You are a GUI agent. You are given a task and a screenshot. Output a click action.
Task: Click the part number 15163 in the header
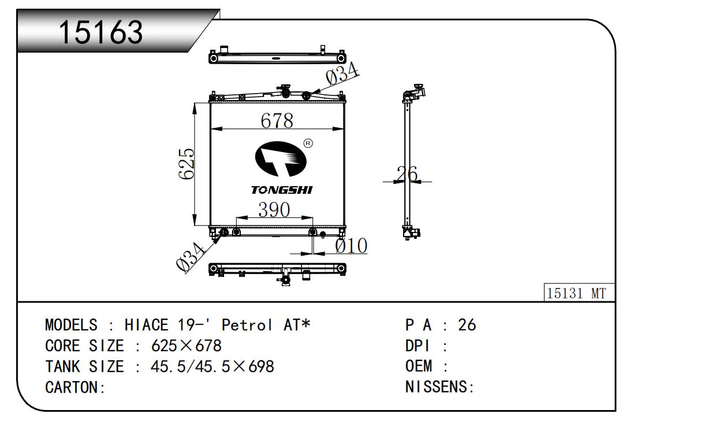click(100, 32)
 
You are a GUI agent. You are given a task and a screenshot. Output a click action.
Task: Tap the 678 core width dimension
click(277, 120)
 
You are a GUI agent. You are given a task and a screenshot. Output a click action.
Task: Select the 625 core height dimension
click(187, 164)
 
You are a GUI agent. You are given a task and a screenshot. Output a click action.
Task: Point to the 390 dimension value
click(274, 210)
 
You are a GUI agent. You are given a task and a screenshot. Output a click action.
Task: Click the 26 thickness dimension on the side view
click(407, 173)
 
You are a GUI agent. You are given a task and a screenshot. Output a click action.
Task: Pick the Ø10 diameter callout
click(351, 246)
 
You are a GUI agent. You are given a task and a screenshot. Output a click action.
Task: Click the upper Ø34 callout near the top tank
click(342, 73)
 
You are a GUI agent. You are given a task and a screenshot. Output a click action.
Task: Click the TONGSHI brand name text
click(282, 190)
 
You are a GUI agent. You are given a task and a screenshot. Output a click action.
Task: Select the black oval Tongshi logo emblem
click(281, 159)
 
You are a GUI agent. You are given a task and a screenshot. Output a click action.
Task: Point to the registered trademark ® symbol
click(308, 143)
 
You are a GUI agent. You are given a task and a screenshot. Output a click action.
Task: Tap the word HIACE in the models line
click(147, 325)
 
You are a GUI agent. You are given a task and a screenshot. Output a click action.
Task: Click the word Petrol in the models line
click(247, 325)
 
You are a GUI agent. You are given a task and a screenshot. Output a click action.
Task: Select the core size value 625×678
click(187, 346)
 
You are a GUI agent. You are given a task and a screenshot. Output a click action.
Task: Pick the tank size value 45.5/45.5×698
click(213, 367)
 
